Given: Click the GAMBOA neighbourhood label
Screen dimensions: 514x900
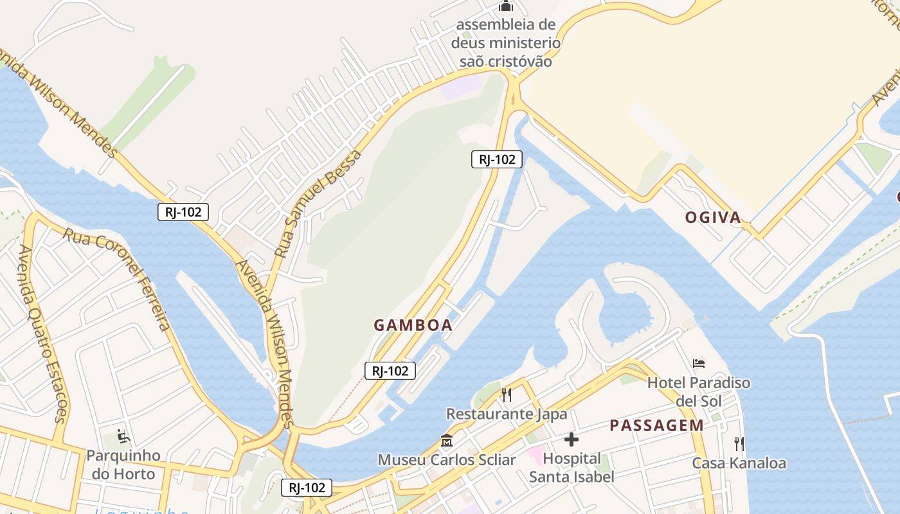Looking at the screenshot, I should (x=413, y=325).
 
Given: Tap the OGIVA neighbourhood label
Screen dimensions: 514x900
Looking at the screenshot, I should (x=713, y=218).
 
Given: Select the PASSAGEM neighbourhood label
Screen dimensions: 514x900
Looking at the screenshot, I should (x=656, y=425).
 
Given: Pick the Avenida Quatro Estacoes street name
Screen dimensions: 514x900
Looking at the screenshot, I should (x=43, y=333).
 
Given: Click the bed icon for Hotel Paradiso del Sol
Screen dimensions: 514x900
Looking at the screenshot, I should (x=699, y=364).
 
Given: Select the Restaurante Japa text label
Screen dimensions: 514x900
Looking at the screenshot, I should (x=507, y=414).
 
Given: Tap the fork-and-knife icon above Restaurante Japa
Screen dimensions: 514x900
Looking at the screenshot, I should (x=507, y=394).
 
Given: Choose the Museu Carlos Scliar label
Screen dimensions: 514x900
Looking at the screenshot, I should (x=447, y=460).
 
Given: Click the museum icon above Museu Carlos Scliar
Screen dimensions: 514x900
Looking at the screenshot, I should (x=447, y=441).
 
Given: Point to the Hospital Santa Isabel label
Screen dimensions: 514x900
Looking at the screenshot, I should (x=571, y=468).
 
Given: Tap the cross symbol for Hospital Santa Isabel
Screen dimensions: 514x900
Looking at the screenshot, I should (x=571, y=439).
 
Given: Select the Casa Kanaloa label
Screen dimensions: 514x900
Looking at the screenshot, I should (x=739, y=463).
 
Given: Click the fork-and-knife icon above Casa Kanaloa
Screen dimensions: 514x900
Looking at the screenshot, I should (x=739, y=443).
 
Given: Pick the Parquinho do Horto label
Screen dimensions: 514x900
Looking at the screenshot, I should (x=123, y=465).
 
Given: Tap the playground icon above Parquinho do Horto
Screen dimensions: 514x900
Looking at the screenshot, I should (x=123, y=437).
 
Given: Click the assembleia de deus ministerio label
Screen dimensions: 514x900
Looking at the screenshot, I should (x=506, y=43).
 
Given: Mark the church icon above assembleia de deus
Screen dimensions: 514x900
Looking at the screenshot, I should (x=506, y=6).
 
